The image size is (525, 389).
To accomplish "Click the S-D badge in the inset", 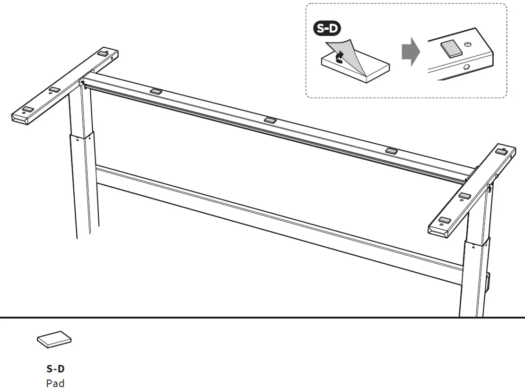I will click(327, 29).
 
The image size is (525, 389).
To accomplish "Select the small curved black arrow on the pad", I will click(338, 58).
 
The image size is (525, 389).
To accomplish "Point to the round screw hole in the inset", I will click(468, 44).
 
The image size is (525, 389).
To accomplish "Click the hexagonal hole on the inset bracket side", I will click(466, 67).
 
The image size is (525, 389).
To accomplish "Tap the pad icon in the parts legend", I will click(54, 339).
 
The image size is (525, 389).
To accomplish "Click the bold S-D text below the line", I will click(55, 369).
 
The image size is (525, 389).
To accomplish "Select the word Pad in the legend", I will click(55, 383).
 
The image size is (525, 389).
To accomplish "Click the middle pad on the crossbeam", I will click(271, 120).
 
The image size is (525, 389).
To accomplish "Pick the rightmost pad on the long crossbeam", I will click(392, 150).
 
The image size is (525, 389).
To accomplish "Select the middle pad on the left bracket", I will click(54, 89).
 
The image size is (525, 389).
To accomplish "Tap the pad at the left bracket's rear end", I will click(103, 53).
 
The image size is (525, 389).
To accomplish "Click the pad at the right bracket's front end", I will click(445, 219).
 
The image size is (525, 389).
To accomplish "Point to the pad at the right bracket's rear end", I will click(502, 151).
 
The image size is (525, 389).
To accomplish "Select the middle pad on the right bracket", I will click(464, 195).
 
